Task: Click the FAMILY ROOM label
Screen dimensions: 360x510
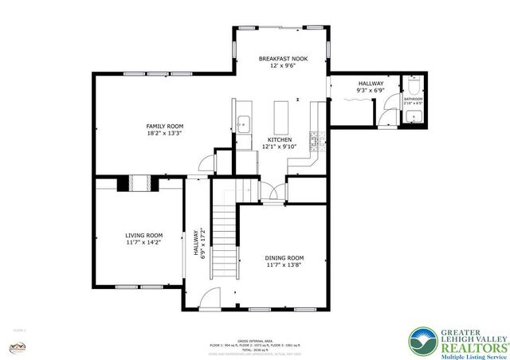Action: (165, 126)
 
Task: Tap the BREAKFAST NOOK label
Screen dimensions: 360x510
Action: (282, 59)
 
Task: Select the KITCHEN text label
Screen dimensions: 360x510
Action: (279, 139)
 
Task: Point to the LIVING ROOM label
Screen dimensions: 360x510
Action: (143, 235)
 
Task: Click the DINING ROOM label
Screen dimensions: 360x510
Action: (284, 257)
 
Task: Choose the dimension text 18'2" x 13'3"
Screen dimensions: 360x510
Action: (165, 134)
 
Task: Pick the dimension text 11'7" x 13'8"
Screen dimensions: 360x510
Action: (284, 265)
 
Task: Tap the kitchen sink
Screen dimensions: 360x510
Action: (244, 123)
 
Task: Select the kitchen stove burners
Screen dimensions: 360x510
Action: (316, 141)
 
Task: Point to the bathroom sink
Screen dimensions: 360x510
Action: (414, 117)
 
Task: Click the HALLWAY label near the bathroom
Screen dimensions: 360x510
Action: (371, 84)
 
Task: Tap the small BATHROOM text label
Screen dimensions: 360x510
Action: (413, 99)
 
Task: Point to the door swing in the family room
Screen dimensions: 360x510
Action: (206, 162)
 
